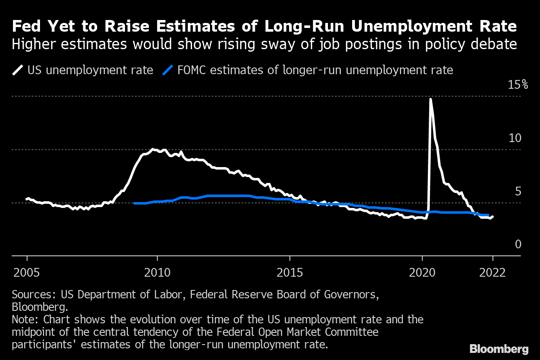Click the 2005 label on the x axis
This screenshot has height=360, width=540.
point(27,273)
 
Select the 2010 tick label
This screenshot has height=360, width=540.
point(157,273)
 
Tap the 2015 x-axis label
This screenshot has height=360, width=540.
point(290,273)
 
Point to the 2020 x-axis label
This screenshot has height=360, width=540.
point(422,273)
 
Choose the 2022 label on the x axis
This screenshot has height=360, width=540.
point(493,273)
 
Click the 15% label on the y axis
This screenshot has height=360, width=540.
point(517,85)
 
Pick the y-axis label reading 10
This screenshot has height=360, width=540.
point(515,138)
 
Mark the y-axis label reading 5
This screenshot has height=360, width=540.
point(518,191)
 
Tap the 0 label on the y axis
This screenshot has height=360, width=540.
point(518,244)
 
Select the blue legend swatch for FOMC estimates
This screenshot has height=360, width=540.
point(167,70)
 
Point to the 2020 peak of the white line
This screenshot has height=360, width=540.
point(430,99)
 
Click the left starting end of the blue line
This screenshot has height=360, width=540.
point(134,203)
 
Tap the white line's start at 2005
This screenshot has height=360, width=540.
point(27,199)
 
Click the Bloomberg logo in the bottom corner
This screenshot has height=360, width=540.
point(499,349)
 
